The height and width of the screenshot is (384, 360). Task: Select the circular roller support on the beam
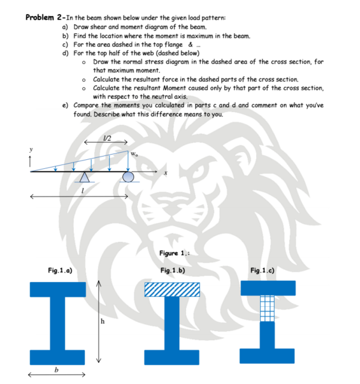coord(128,177)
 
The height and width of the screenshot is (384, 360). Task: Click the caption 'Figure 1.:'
coord(173,253)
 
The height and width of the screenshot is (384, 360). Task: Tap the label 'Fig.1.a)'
coord(59,271)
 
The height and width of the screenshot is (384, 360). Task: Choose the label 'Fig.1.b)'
coord(173,271)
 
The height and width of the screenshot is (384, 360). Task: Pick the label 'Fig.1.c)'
coord(263,271)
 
